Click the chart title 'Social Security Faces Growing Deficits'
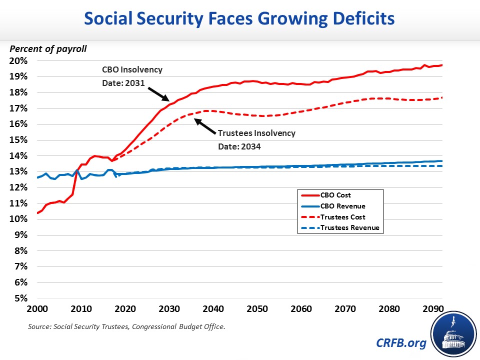pyautogui.click(x=239, y=19)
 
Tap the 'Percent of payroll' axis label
pyautogui.click(x=48, y=49)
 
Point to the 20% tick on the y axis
pyautogui.click(x=19, y=61)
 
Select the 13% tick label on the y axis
pyautogui.click(x=19, y=171)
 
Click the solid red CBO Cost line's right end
pyautogui.click(x=442, y=65)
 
